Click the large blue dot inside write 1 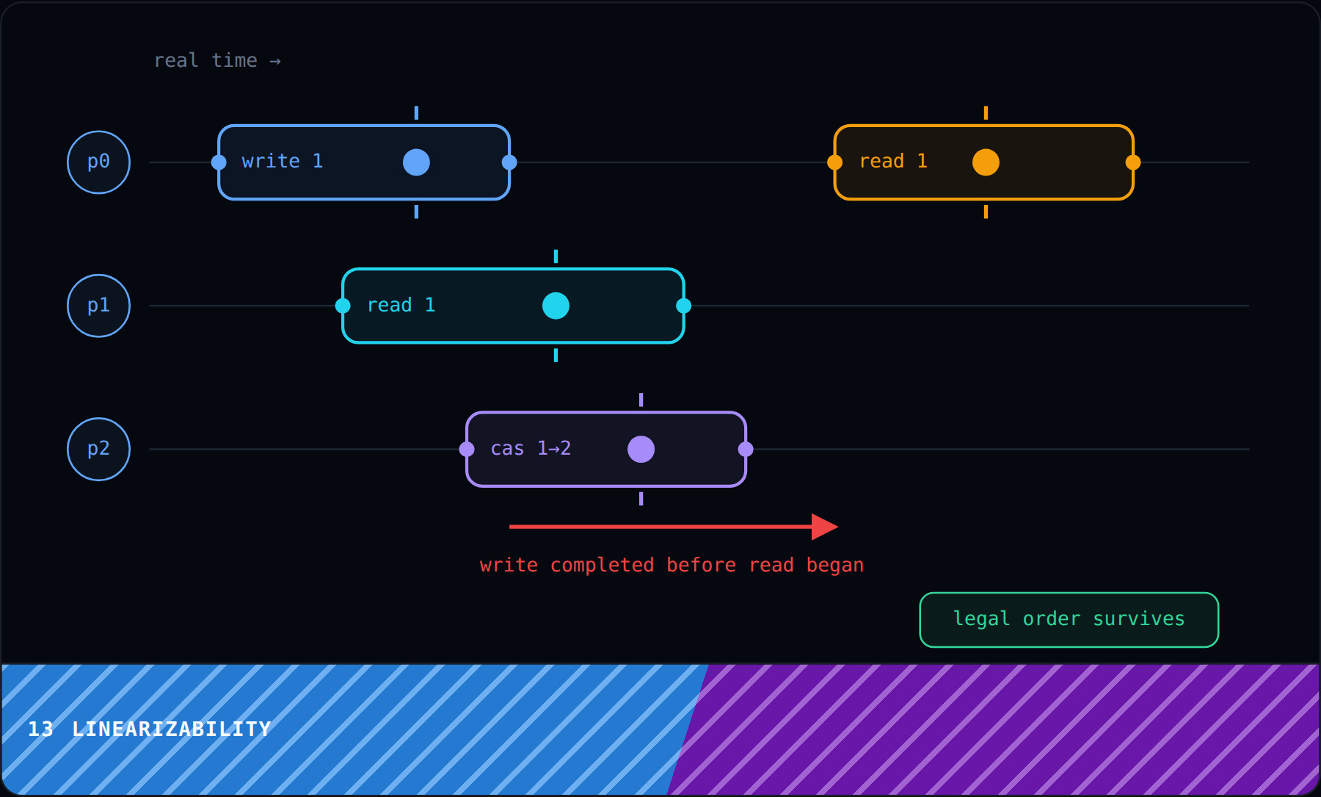pyautogui.click(x=416, y=162)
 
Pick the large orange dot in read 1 pyautogui.click(x=986, y=162)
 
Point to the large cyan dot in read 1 pyautogui.click(x=556, y=306)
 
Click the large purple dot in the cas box pyautogui.click(x=641, y=449)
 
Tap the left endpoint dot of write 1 pyautogui.click(x=219, y=162)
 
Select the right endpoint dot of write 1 pyautogui.click(x=509, y=162)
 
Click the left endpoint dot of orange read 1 pyautogui.click(x=834, y=162)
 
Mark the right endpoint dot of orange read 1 pyautogui.click(x=1133, y=162)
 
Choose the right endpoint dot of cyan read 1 pyautogui.click(x=683, y=306)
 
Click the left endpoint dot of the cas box pyautogui.click(x=467, y=449)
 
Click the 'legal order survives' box pyautogui.click(x=1069, y=620)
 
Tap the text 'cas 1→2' pyautogui.click(x=531, y=448)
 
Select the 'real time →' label pyautogui.click(x=217, y=60)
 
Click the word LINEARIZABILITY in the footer pyautogui.click(x=172, y=729)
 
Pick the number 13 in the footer pyautogui.click(x=40, y=729)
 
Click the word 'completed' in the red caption pyautogui.click(x=602, y=565)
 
